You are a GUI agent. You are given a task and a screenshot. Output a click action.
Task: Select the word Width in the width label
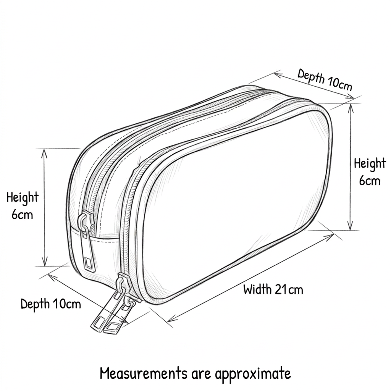(x=257, y=289)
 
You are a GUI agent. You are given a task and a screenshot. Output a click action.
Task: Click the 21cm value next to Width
(x=289, y=289)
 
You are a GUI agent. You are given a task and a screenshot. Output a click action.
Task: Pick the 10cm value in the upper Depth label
(x=339, y=83)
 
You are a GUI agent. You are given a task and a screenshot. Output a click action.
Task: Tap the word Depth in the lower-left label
(x=35, y=304)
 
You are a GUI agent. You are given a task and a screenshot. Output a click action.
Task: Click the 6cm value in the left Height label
(x=22, y=214)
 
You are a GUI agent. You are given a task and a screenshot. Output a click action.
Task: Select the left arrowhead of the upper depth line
(x=278, y=74)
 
